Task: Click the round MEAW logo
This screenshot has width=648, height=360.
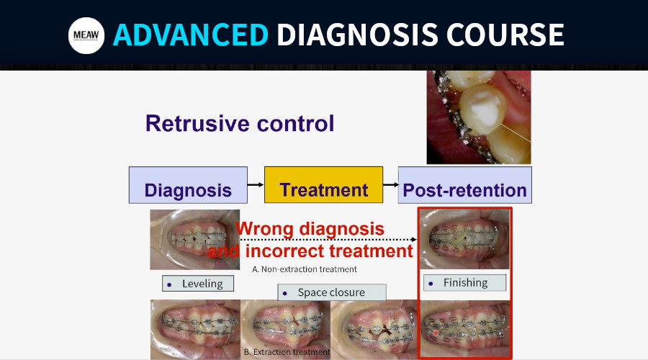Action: point(86,35)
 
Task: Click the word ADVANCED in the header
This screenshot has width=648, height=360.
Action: point(191,35)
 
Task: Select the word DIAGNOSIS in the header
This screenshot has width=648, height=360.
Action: point(357,35)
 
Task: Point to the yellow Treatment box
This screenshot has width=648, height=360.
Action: point(323,185)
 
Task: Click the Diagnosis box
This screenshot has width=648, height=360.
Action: point(188,185)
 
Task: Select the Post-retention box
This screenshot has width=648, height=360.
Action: point(465,185)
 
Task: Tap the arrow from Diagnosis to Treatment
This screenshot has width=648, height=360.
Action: point(256,185)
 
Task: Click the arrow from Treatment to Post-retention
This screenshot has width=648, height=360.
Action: point(390,185)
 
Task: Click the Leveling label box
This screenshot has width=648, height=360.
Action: point(198,284)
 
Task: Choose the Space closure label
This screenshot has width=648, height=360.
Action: point(332,292)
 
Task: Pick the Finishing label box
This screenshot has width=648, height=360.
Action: point(464,283)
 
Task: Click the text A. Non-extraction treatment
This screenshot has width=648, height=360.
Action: point(305,269)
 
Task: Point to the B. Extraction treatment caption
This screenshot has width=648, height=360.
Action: point(287,352)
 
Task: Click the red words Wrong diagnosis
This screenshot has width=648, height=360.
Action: point(310,228)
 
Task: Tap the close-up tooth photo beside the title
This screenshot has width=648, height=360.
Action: point(479,117)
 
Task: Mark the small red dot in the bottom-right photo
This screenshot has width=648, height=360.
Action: point(436,333)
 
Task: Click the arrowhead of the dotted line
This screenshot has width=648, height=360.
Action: point(414,239)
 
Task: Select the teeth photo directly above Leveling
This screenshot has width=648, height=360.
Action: point(194,240)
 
